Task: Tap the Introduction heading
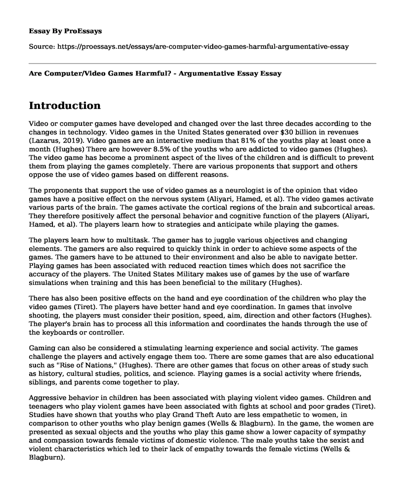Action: [65, 105]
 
